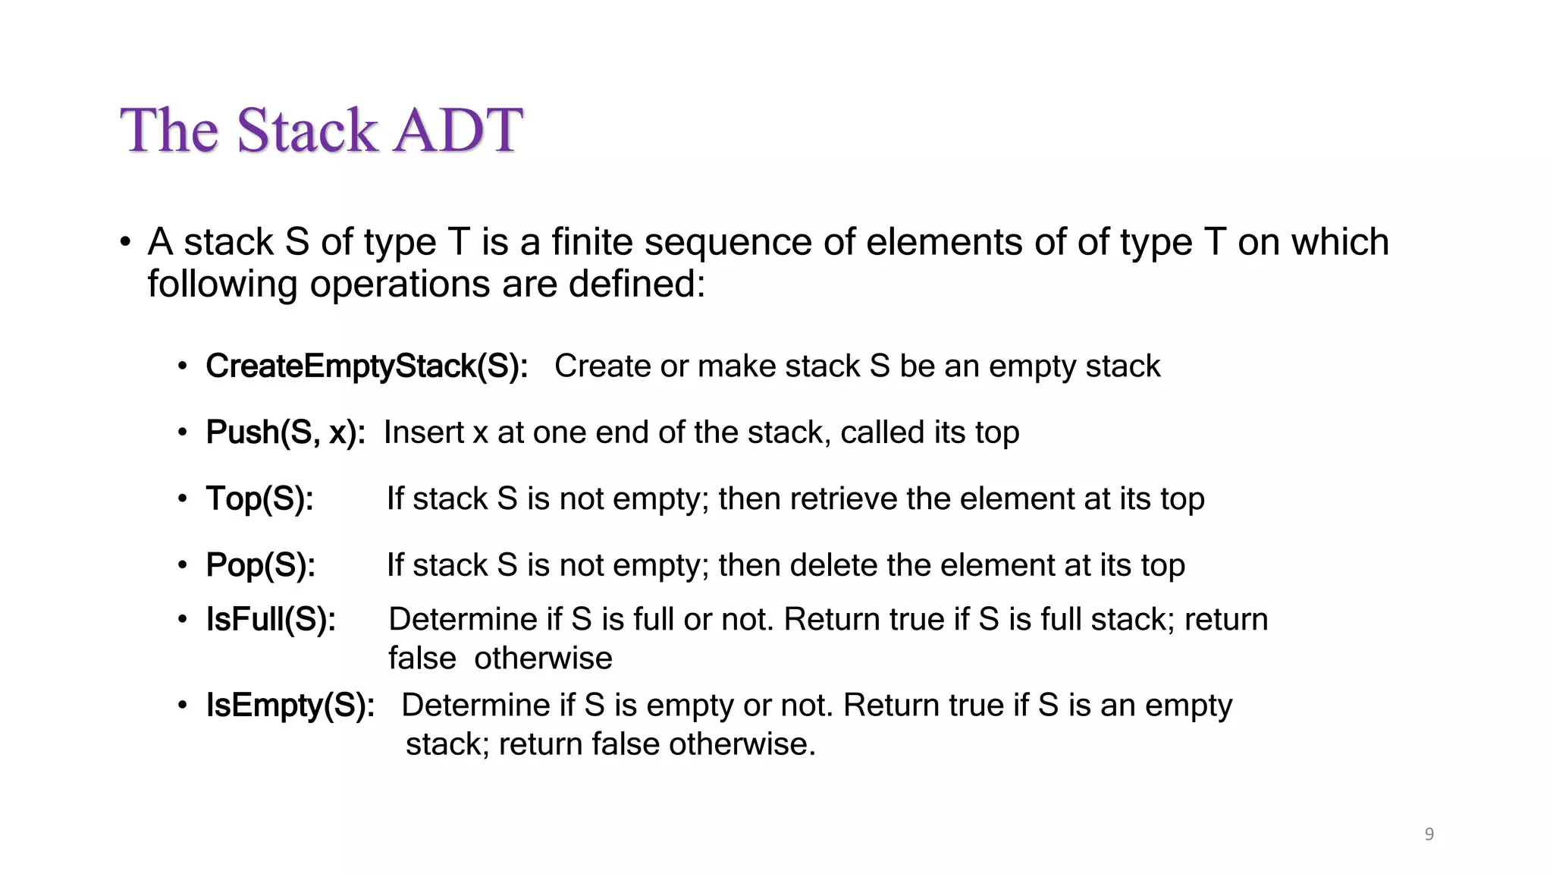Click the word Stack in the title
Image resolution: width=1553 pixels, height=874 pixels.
306,130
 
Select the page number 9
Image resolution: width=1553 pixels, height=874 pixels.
1429,835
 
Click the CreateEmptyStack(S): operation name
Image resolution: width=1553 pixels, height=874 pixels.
366,366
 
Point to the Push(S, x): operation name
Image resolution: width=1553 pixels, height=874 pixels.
285,432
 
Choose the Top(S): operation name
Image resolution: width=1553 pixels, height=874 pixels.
259,499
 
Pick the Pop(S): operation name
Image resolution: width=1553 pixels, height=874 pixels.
260,565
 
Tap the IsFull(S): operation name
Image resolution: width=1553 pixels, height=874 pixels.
271,620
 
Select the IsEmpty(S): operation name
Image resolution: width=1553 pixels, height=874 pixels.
290,706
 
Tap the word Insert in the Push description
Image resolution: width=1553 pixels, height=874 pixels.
424,432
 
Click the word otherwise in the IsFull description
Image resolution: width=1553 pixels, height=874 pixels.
543,659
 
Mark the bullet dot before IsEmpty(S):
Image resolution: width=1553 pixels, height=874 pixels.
183,706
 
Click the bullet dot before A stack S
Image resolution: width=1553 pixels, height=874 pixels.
126,243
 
